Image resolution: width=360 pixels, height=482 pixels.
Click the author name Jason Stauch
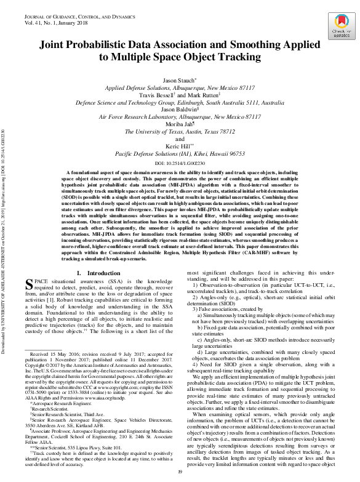point(179,81)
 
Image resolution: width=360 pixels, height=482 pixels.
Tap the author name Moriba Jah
point(179,124)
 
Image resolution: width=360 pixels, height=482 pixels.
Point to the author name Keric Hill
point(179,147)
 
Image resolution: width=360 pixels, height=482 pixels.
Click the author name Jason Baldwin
point(179,109)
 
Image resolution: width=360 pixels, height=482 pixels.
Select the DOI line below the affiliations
point(180,164)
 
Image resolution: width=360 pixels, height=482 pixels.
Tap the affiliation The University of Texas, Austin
point(180,131)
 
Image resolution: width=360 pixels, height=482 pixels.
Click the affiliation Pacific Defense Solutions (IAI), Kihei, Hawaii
point(180,154)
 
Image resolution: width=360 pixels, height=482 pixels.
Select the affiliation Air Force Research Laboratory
point(180,116)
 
